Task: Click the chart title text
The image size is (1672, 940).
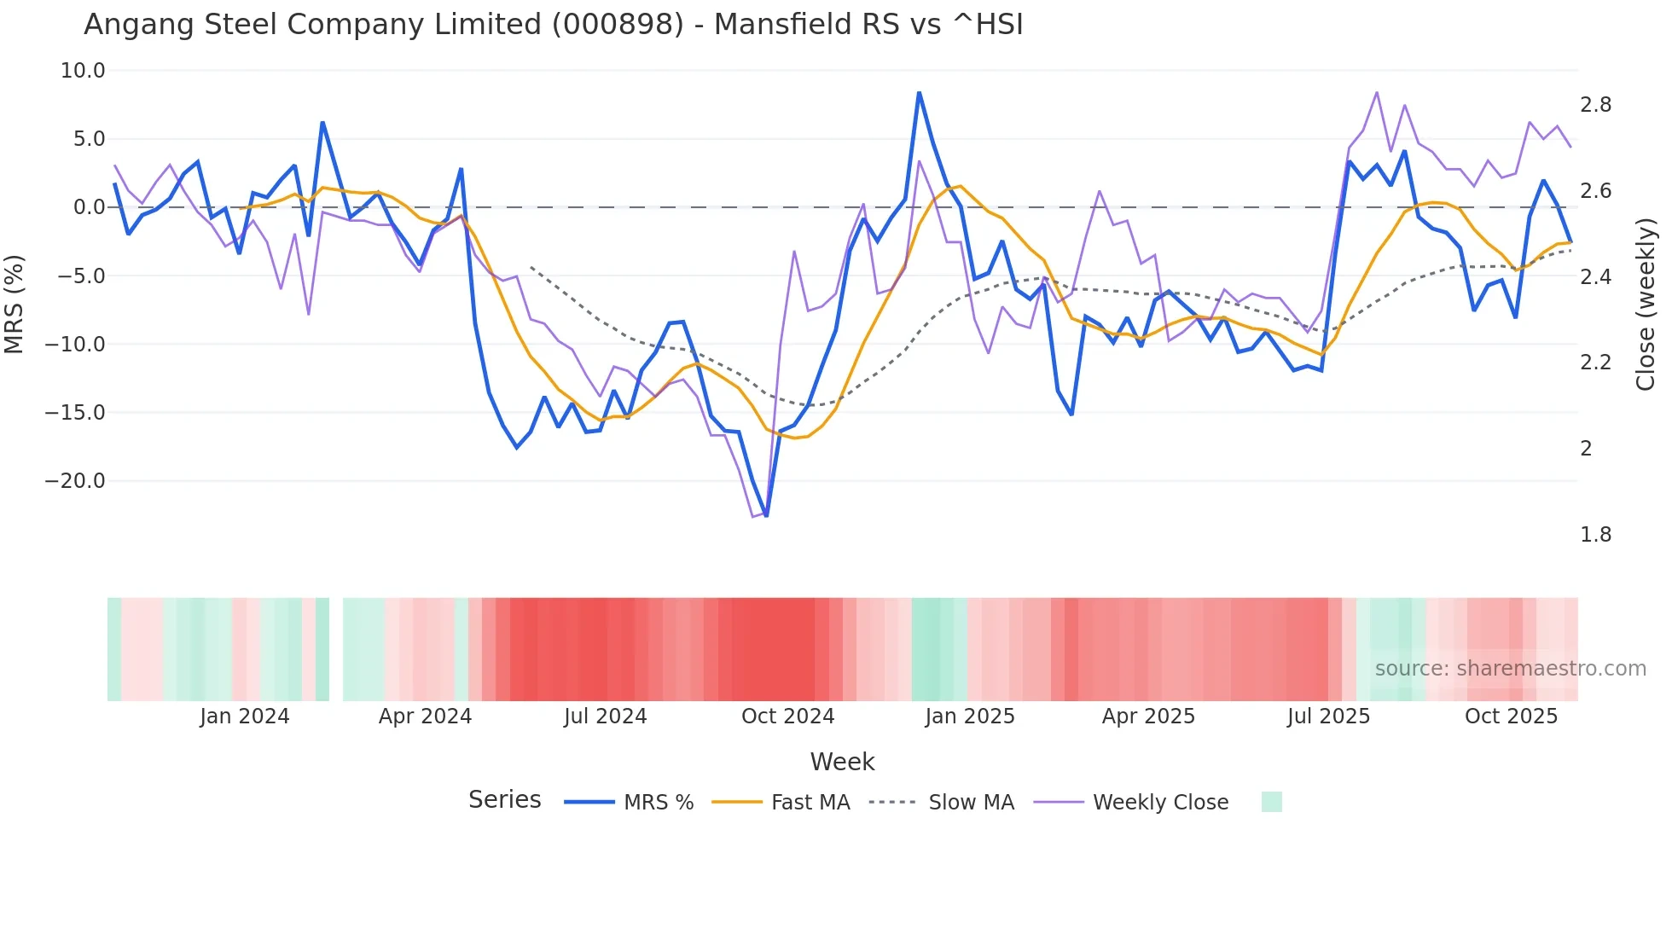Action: (x=553, y=25)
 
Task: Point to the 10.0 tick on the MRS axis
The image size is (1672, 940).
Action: (x=83, y=71)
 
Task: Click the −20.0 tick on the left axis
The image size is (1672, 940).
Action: (x=75, y=481)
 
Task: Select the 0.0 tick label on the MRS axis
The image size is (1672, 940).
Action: (x=89, y=207)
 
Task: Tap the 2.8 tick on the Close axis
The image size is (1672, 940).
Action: (x=1595, y=105)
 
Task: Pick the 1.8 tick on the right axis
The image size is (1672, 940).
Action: (x=1595, y=535)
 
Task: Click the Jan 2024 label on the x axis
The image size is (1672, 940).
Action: (x=245, y=717)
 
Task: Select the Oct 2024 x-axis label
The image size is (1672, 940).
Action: (x=787, y=717)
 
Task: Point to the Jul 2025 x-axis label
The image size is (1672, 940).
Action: (x=1328, y=717)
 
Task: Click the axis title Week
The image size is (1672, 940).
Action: (x=842, y=762)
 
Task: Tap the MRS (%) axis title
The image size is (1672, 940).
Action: (x=15, y=305)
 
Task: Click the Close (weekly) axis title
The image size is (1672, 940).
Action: (x=1646, y=305)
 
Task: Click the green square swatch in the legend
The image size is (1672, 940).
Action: (x=1271, y=802)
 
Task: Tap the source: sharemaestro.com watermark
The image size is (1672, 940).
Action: (x=1510, y=669)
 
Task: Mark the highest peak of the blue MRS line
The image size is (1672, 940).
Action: (x=919, y=92)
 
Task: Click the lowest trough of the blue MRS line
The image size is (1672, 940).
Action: (x=766, y=516)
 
